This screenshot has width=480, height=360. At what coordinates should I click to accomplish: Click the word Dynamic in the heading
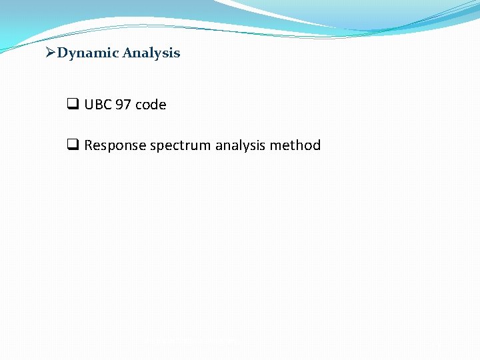87,53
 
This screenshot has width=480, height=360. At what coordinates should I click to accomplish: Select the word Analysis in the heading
151,53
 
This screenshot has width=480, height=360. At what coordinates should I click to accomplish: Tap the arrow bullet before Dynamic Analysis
51,53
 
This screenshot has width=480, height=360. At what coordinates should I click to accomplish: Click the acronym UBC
98,105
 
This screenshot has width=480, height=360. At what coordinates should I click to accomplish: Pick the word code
151,105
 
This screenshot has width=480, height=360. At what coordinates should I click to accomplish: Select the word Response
115,145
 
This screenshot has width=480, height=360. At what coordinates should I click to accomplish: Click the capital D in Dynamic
62,53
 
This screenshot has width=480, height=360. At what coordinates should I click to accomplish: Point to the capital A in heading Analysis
127,53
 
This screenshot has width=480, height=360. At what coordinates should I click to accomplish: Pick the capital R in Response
89,145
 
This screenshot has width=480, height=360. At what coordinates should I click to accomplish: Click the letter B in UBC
98,105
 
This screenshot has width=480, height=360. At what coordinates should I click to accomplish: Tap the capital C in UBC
107,105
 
